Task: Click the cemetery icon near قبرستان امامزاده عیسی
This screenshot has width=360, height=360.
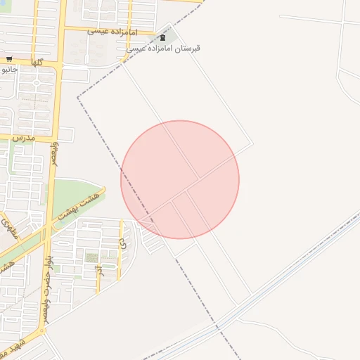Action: pyautogui.click(x=164, y=37)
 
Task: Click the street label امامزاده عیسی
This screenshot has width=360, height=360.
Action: pyautogui.click(x=112, y=32)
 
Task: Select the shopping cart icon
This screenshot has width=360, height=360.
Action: pyautogui.click(x=9, y=59)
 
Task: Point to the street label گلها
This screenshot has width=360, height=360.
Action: pyautogui.click(x=36, y=62)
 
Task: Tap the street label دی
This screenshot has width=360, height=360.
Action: pyautogui.click(x=122, y=242)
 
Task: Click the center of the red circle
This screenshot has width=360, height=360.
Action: pyautogui.click(x=180, y=179)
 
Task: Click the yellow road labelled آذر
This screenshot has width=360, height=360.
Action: pyautogui.click(x=97, y=285)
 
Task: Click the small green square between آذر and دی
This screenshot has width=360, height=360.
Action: pyautogui.click(x=91, y=258)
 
